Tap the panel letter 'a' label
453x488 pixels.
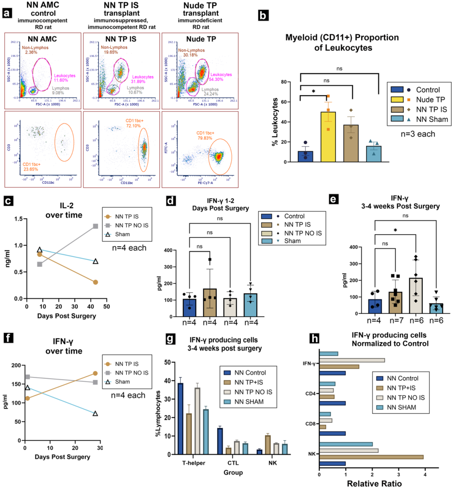[7, 13]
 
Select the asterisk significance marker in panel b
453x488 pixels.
[313, 91]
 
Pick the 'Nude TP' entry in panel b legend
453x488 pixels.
[430, 100]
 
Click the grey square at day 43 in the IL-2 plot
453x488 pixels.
[96, 226]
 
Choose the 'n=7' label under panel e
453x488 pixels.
[395, 321]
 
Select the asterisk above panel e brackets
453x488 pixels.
[395, 230]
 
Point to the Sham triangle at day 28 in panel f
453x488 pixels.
[95, 414]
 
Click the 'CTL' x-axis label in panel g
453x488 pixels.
[233, 463]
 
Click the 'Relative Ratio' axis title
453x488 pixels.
[374, 483]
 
